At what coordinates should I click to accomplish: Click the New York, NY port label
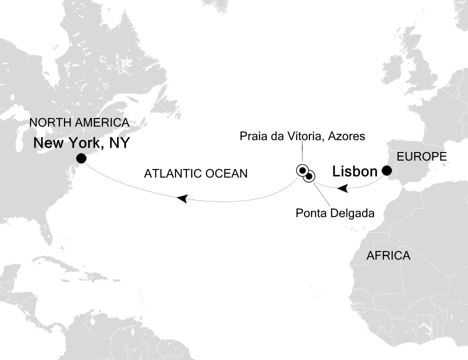81,143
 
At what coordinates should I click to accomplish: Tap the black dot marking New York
80,158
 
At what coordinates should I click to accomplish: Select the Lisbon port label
354,172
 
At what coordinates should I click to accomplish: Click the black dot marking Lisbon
386,171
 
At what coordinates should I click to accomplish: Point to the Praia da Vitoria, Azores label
302,135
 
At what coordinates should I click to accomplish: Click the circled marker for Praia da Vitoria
302,170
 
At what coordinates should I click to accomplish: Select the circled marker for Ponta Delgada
309,175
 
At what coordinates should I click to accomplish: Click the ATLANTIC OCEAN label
196,174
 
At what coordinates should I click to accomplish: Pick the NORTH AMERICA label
79,122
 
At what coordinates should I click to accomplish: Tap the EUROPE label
421,157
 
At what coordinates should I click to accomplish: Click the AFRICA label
388,256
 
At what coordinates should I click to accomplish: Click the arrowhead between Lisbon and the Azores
342,189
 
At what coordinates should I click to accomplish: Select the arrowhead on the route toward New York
182,198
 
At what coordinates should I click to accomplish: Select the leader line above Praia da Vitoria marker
302,152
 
